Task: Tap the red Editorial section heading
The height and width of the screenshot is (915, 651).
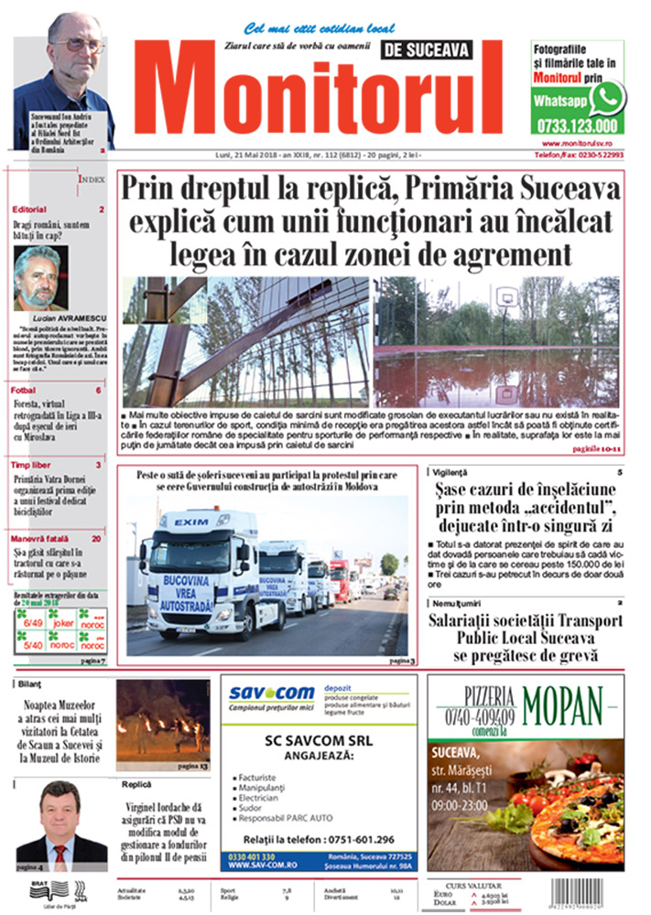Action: pos(30,210)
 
